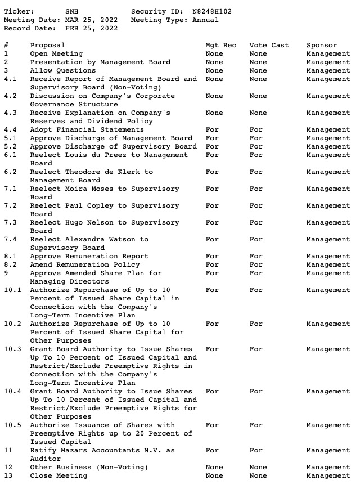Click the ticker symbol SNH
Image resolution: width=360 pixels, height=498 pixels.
72,11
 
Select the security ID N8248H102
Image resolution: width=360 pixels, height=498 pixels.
211,11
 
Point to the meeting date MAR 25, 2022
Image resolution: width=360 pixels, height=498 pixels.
91,20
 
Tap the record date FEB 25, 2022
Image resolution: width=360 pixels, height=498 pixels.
91,28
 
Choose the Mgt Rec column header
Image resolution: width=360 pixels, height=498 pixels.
220,45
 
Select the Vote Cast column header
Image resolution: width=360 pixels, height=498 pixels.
269,45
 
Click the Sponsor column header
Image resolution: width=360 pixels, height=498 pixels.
322,45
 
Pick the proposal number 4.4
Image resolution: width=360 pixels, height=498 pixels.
11,129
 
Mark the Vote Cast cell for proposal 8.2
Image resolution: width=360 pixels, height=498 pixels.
256,264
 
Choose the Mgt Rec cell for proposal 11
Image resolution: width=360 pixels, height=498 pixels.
212,450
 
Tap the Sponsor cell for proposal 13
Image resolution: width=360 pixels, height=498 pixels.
328,475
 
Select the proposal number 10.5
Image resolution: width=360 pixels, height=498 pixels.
12,425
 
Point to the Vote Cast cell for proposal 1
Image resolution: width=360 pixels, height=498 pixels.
258,53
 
